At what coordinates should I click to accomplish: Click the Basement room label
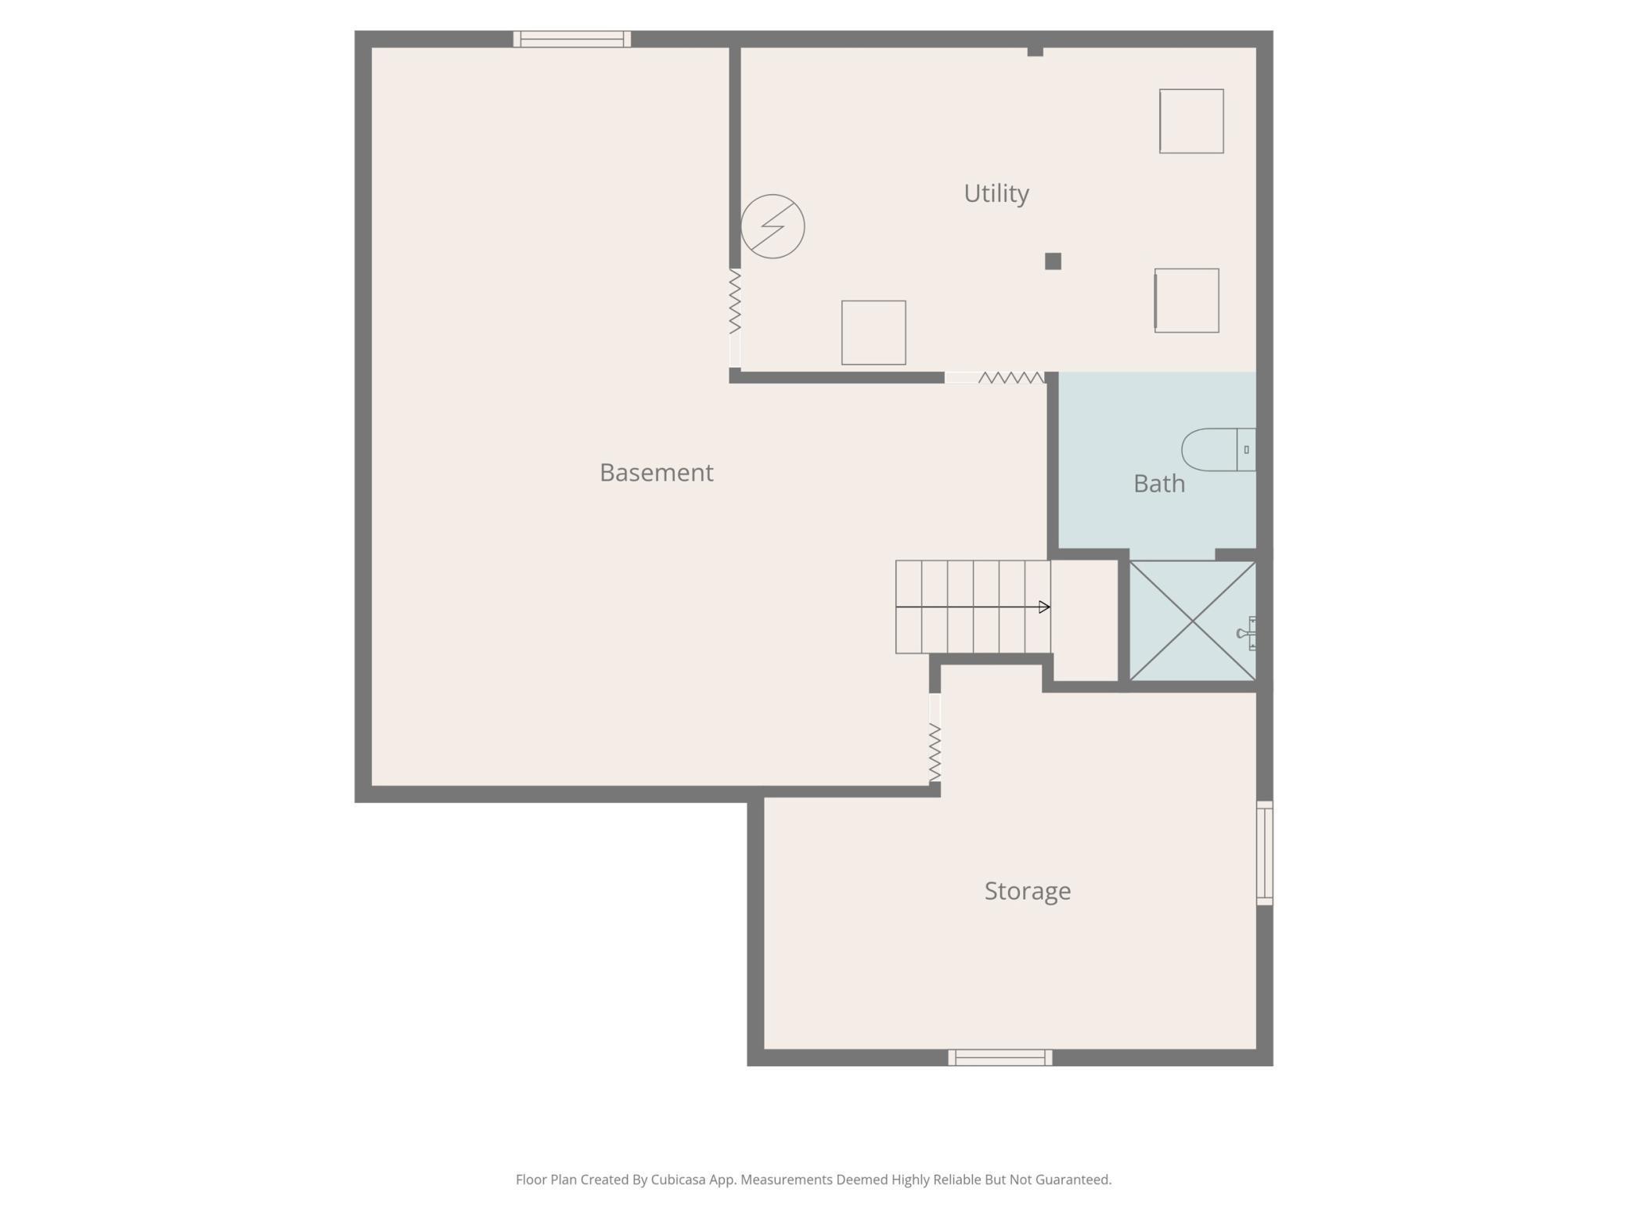[x=656, y=472]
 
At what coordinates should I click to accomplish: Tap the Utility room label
[x=996, y=193]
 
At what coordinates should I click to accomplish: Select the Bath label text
[x=1159, y=484]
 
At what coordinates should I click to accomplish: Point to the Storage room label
[x=1027, y=891]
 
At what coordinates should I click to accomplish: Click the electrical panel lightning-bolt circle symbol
[x=773, y=226]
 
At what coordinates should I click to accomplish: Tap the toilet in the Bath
[x=1219, y=450]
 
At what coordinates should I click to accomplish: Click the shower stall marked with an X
[x=1192, y=621]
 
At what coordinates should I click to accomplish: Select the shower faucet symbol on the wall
[x=1248, y=633]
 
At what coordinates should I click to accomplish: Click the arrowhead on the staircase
[x=1044, y=607]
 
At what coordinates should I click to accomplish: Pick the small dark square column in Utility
[x=1053, y=261]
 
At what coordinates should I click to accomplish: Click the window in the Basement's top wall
[x=572, y=39]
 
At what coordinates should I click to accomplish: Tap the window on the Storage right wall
[x=1265, y=853]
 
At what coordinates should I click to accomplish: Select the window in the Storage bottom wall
[x=999, y=1057]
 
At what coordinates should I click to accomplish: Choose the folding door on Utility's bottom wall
[x=995, y=378]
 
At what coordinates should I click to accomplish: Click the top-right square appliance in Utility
[x=1191, y=121]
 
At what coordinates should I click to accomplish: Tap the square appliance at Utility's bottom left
[x=873, y=333]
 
